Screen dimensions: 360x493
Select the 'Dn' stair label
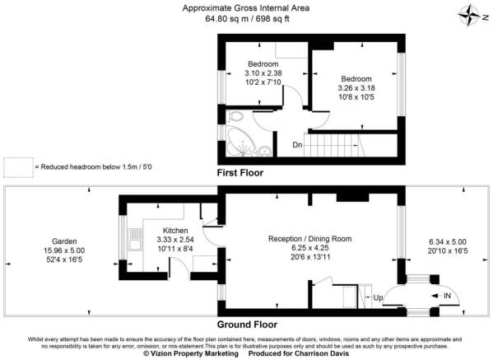tap(297, 146)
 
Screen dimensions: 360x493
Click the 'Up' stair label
tap(378, 297)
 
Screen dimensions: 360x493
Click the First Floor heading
tap(245, 174)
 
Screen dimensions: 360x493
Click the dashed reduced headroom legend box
tap(16, 167)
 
